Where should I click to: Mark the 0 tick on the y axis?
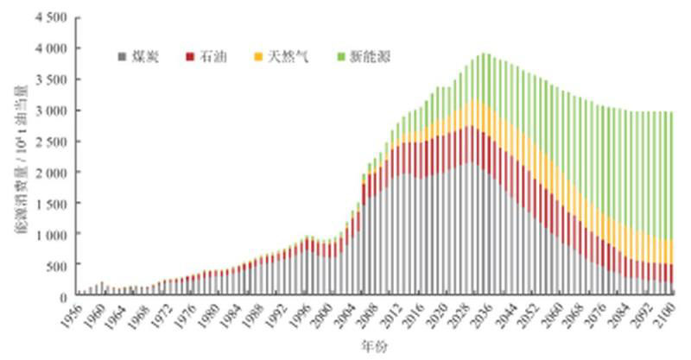click(x=62, y=296)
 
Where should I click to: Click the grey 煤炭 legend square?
click(x=122, y=58)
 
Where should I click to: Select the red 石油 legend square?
click(x=188, y=58)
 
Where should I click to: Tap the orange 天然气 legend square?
click(x=257, y=58)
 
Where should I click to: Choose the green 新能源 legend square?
click(x=341, y=58)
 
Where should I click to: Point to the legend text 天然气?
click(x=283, y=58)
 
